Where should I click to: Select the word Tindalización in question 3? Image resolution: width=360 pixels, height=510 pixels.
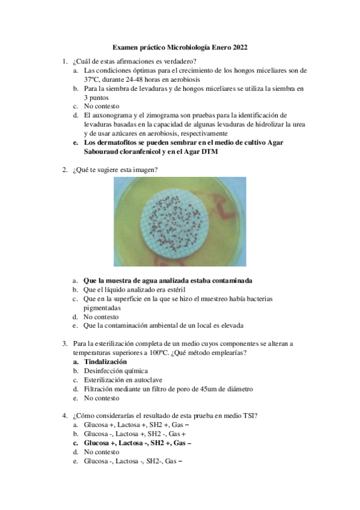(105, 362)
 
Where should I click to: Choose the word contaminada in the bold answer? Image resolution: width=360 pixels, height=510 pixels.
(230, 280)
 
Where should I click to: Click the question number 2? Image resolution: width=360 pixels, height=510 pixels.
(64, 170)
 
